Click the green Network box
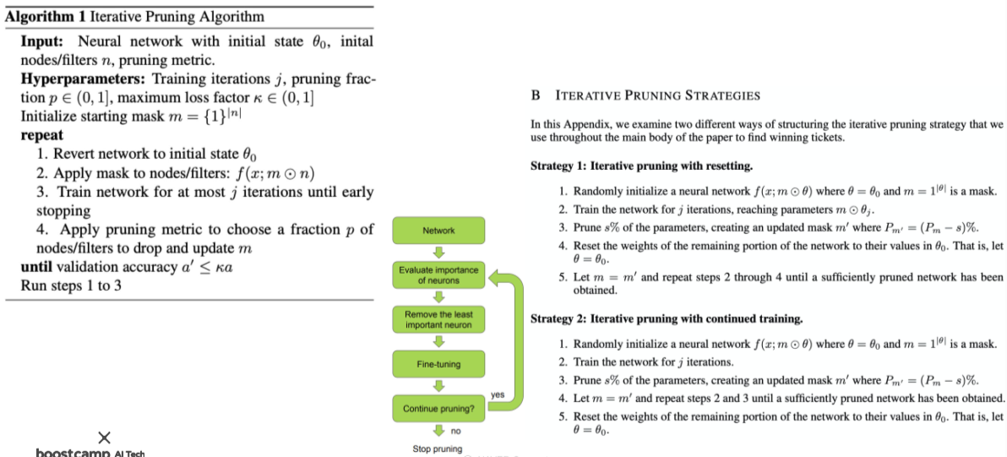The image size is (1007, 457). click(438, 231)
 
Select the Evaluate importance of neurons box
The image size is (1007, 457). click(438, 275)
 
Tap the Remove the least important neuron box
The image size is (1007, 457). click(438, 319)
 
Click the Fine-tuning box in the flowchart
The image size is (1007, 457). click(438, 364)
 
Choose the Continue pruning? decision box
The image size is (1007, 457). click(438, 409)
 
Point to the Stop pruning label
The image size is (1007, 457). click(437, 449)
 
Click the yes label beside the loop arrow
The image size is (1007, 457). click(497, 394)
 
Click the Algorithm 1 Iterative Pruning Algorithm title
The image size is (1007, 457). click(135, 16)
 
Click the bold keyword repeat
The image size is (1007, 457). click(41, 135)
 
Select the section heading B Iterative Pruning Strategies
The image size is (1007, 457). click(646, 95)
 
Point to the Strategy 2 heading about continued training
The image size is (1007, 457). click(666, 318)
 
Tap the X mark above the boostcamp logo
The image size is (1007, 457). click(104, 437)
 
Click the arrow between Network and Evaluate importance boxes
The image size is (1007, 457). click(438, 253)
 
